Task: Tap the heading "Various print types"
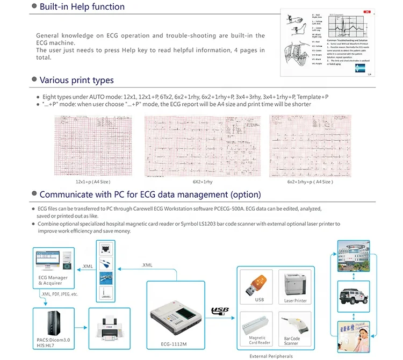click(x=76, y=80)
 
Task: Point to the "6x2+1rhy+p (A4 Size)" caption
click(x=310, y=182)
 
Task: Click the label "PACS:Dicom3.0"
click(x=51, y=341)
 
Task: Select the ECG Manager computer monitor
click(x=49, y=261)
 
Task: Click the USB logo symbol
click(x=221, y=310)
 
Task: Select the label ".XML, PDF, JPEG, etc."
click(x=60, y=294)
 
